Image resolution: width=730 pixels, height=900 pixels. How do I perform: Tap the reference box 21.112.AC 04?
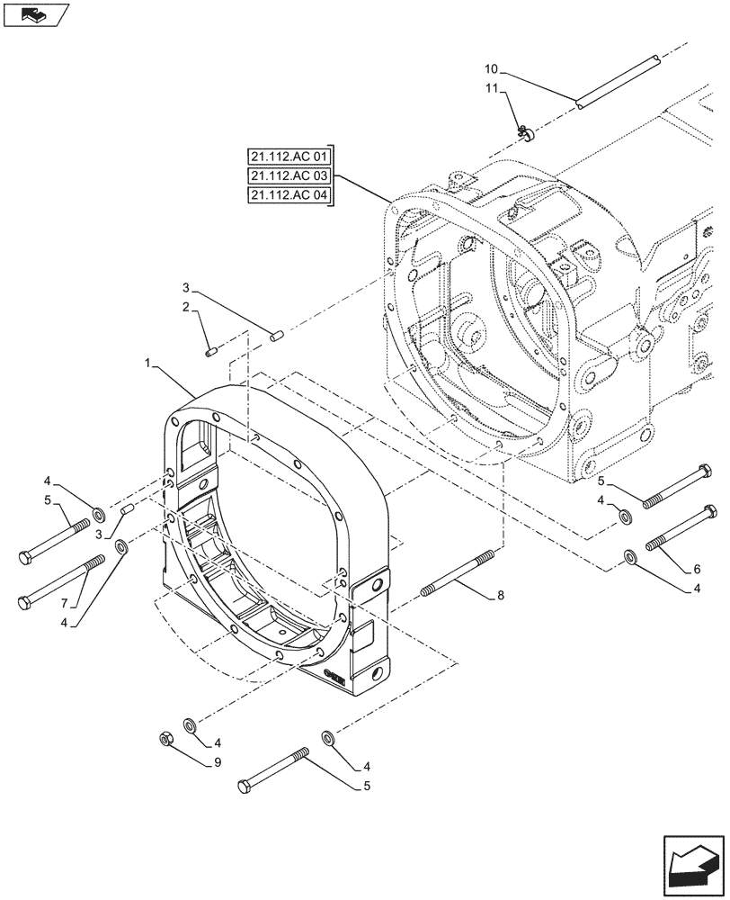pos(289,197)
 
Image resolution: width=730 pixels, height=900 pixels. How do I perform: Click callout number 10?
pos(490,69)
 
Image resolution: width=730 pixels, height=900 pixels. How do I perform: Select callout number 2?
pos(187,309)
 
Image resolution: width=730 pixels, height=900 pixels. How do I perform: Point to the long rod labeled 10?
pos(619,84)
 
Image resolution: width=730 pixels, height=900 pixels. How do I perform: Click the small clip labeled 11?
pos(526,133)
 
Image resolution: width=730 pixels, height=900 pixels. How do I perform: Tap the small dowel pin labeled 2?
pos(212,351)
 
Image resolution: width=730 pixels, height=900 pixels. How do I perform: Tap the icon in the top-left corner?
pos(34,14)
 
